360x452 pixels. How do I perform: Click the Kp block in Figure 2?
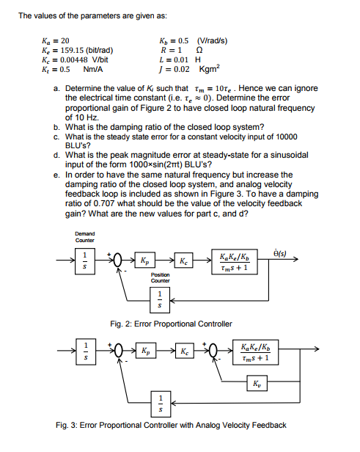[145, 260]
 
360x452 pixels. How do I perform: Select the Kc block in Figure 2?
[183, 260]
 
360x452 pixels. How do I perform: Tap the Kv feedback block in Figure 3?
[257, 383]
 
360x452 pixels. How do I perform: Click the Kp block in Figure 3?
[146, 351]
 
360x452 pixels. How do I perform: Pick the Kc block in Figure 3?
[185, 351]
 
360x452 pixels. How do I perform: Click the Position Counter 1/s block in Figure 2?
[160, 300]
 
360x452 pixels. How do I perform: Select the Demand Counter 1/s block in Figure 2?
[84, 261]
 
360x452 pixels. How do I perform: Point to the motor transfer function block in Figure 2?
[235, 262]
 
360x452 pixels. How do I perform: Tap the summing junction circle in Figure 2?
[117, 260]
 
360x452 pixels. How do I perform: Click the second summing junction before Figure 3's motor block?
[213, 351]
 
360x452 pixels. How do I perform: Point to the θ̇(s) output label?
[279, 253]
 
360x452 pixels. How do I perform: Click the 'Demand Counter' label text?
[85, 237]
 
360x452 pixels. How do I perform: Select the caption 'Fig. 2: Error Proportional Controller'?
[171, 324]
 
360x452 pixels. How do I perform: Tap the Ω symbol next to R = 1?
[199, 50]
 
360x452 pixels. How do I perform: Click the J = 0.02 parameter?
[175, 69]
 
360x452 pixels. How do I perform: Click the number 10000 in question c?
[287, 136]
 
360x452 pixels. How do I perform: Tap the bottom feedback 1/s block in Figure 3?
[161, 404]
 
